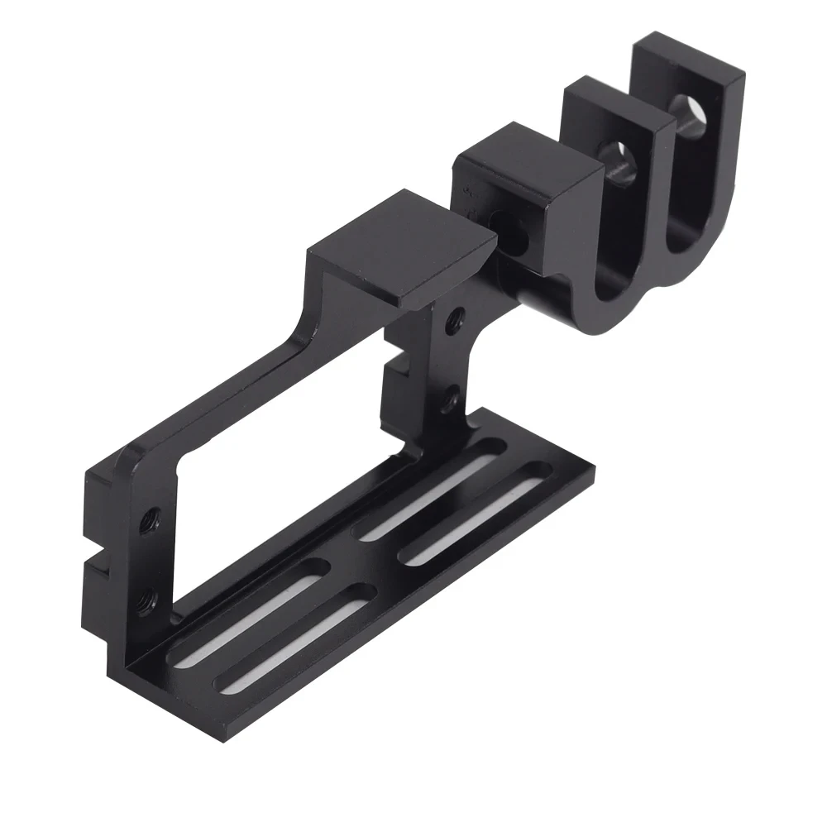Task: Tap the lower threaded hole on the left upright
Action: coord(148,593)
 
